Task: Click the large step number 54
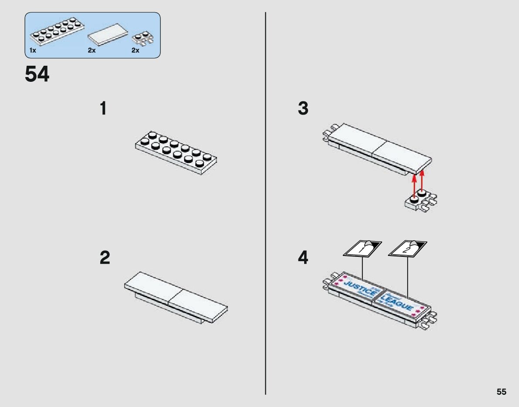pos(37,75)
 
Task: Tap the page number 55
pos(501,392)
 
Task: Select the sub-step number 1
pos(103,109)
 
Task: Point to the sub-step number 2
pos(104,258)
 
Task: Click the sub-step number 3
pos(303,109)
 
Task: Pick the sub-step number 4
pos(303,258)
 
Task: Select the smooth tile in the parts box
pos(108,35)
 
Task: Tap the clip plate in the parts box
pos(143,38)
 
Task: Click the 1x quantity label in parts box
pos(33,50)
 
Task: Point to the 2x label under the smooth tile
pos(92,50)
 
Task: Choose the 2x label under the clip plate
pos(135,50)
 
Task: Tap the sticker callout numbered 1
pos(362,249)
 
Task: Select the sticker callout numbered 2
pos(407,249)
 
